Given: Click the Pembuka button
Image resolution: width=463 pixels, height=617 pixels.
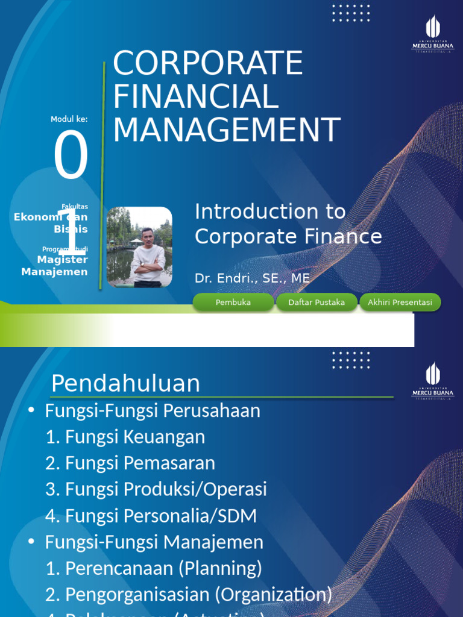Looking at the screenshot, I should [x=233, y=302].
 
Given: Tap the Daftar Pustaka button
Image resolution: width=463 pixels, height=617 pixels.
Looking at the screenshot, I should [x=317, y=302].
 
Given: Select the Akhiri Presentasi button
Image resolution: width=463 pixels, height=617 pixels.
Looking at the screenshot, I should [x=400, y=302].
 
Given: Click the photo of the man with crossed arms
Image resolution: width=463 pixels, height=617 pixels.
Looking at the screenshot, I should [x=139, y=247].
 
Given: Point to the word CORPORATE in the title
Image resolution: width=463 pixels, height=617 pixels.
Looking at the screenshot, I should [x=208, y=63].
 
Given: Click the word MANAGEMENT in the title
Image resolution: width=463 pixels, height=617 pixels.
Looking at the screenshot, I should [x=227, y=130].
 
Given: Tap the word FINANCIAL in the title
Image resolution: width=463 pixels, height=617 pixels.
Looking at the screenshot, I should [x=195, y=97].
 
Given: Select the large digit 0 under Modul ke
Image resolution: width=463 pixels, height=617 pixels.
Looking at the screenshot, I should [x=71, y=157].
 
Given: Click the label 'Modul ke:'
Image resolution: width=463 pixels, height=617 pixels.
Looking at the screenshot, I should [x=69, y=119].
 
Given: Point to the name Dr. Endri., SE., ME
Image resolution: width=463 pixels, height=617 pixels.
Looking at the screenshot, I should [x=252, y=278].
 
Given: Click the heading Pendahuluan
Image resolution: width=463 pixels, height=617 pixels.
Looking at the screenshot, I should [x=125, y=383].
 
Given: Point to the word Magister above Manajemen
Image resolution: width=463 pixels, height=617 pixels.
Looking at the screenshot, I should [x=62, y=260].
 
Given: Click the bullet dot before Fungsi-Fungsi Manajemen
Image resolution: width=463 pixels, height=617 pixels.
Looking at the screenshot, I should [x=31, y=542].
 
